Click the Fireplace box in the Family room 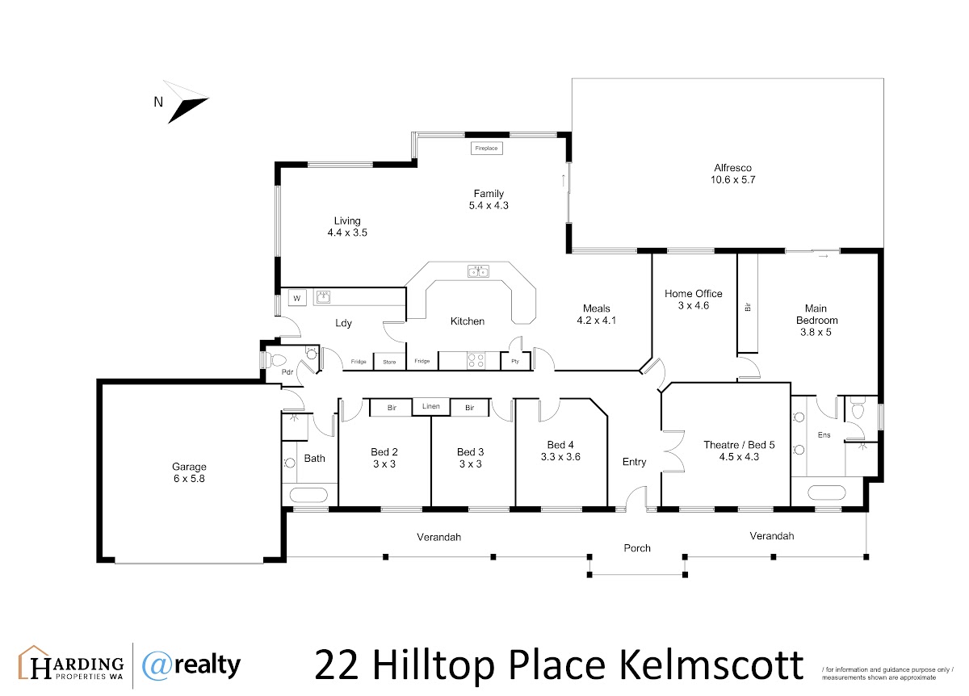486,148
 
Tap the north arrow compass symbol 186,103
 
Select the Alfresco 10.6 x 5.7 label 732,174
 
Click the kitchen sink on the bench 478,271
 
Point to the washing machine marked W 297,298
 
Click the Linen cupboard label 431,406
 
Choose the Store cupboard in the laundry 389,362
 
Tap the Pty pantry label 515,361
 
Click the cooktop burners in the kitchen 476,361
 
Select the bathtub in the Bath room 308,494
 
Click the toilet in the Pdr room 275,360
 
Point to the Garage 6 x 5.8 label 189,472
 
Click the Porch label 637,548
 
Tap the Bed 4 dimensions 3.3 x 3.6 560,457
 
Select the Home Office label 693,294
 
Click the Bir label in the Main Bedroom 748,307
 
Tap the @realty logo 191,665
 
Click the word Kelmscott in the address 711,665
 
